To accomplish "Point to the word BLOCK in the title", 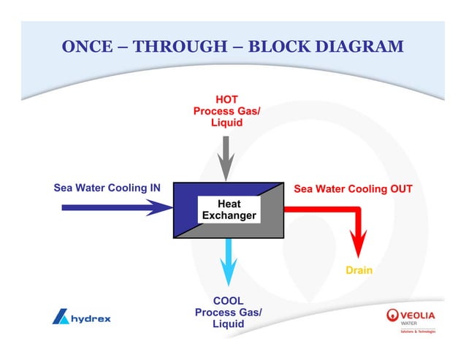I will click(x=276, y=47).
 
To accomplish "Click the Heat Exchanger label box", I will click(x=228, y=210).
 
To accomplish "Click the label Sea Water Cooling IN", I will click(x=107, y=188).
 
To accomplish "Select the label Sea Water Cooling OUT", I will click(x=353, y=189).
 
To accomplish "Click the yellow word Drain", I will click(x=359, y=270).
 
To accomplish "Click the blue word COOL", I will click(x=228, y=301).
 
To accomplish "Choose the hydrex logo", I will click(x=82, y=318).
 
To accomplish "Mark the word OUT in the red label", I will click(x=401, y=189).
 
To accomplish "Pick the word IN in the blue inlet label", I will click(x=155, y=188).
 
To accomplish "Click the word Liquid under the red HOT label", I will click(x=226, y=123).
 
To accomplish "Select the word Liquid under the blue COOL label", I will click(x=228, y=324).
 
